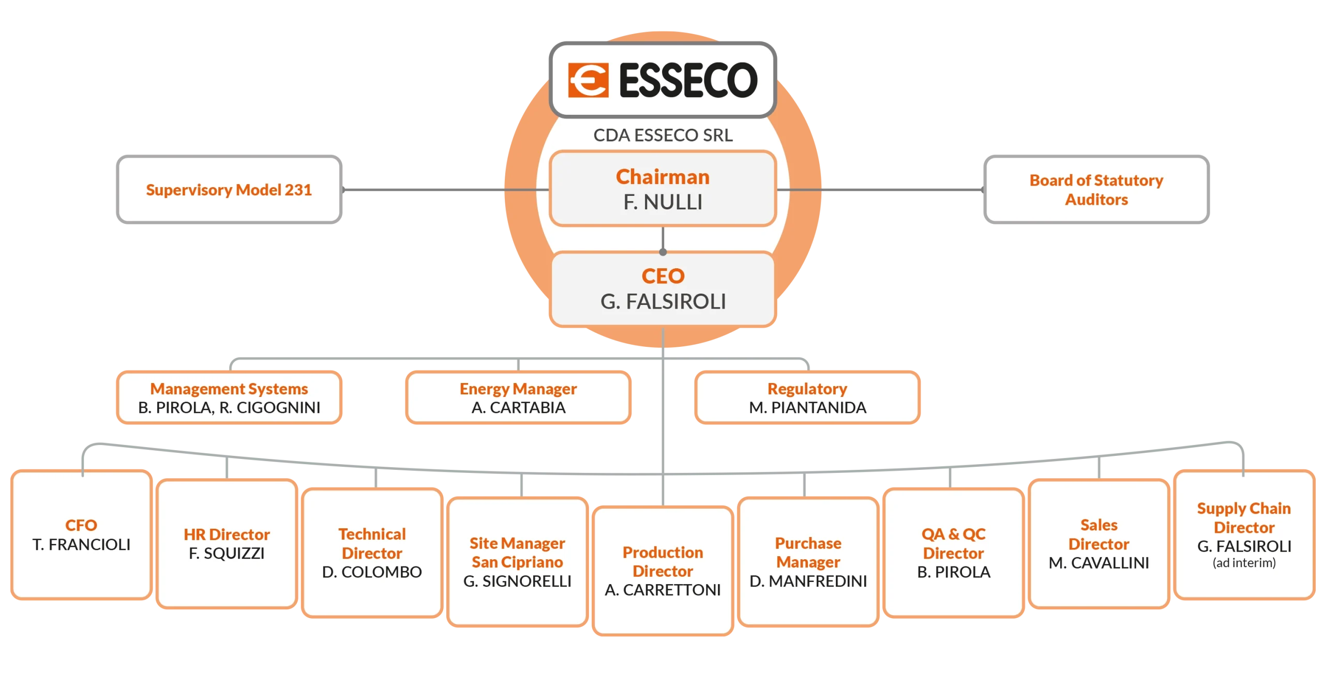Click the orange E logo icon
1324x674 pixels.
pos(588,80)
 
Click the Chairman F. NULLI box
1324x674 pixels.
pos(663,189)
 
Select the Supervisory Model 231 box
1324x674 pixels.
pos(229,189)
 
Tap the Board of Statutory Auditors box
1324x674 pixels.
pos(1096,189)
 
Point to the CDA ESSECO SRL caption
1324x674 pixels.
pos(663,135)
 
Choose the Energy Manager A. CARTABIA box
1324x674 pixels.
pos(518,397)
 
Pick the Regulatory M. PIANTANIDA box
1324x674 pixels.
pos(807,397)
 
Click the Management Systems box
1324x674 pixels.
pos(229,397)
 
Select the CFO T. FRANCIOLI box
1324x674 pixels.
pos(81,534)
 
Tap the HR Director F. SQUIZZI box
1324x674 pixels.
pos(227,544)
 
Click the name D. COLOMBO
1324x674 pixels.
pos(372,572)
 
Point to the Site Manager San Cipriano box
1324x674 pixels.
pos(517,562)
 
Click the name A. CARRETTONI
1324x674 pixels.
pos(663,590)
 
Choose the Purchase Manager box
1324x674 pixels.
pos(808,562)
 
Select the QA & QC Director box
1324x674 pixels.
pos(953,553)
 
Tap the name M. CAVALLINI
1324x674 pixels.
pos(1099,563)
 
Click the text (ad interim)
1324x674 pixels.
pos(1244,563)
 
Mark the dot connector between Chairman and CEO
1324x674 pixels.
pos(663,252)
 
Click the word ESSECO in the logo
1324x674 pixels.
pos(688,80)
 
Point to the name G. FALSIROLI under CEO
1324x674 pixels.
pos(663,301)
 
